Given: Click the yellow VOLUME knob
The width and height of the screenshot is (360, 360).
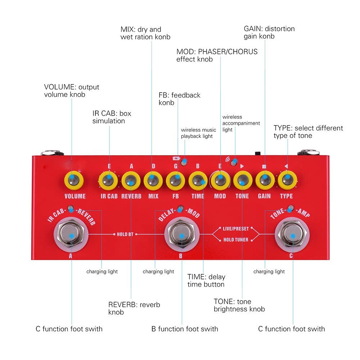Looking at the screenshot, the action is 74,180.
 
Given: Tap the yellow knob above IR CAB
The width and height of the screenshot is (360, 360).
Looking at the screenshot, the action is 108,180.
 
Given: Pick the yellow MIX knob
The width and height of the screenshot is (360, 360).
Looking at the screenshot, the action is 153,180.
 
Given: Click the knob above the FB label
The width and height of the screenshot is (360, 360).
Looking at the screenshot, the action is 175,180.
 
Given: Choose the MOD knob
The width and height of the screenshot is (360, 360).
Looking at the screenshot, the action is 220,180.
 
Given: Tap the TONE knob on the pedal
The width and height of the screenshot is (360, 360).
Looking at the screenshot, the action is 242,180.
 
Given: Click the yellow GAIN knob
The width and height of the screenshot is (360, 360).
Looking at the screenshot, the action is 265,180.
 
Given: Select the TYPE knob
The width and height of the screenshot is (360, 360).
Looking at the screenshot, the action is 287,180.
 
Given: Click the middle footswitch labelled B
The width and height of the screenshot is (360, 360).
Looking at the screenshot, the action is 182,234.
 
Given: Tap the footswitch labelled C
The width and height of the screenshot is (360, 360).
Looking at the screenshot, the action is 292,234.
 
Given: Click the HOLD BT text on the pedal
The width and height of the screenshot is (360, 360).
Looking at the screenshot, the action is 125,234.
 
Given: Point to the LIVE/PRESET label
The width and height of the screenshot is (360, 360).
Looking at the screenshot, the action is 236,229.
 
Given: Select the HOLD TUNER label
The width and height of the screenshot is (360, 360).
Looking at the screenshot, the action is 236,240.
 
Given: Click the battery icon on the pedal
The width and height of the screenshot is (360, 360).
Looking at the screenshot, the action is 176,158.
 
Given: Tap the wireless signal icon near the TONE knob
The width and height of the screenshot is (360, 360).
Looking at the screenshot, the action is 228,159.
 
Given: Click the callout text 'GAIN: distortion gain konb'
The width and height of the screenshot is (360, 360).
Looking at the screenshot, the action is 269,32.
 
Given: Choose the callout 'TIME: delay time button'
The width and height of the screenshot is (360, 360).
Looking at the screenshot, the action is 206,280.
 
